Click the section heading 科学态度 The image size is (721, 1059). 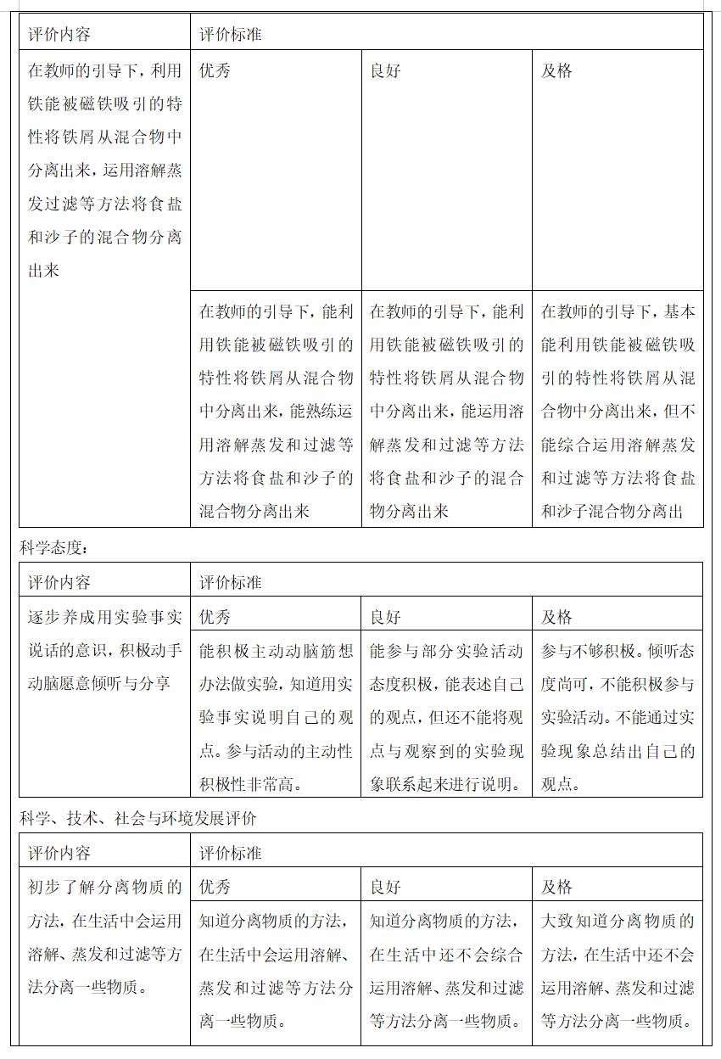[53, 548]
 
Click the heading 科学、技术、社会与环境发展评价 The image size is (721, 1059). [138, 819]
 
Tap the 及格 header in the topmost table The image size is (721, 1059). [556, 71]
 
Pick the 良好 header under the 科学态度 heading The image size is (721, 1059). [385, 617]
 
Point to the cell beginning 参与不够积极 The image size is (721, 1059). [618, 717]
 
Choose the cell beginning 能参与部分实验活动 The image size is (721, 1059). [446, 717]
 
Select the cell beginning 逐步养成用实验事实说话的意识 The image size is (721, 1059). [104, 650]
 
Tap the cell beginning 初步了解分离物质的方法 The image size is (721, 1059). [104, 938]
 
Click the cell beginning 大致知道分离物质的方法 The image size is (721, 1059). [618, 971]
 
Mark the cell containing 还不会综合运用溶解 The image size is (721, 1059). [446, 971]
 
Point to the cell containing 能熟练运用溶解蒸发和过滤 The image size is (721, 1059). [276, 411]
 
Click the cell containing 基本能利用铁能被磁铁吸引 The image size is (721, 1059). [618, 411]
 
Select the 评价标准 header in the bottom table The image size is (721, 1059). [231, 853]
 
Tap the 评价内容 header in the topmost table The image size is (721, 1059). [59, 35]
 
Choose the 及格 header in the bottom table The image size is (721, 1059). [556, 888]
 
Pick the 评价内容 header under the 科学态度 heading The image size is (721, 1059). [59, 583]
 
